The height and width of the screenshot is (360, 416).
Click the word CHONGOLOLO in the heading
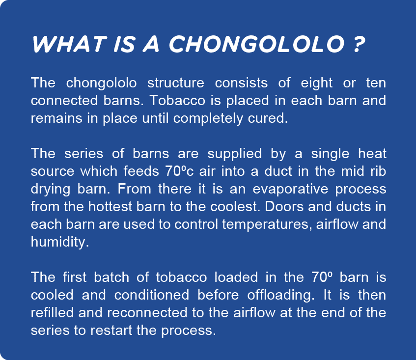[256, 44]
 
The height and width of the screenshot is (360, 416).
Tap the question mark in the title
[359, 44]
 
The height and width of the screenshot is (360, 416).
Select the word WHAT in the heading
[69, 44]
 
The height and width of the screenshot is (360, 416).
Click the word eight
[316, 83]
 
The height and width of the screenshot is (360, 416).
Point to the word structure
[176, 83]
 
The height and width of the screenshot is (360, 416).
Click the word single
[330, 154]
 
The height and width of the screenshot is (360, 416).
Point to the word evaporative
[290, 189]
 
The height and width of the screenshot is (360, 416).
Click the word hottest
[110, 207]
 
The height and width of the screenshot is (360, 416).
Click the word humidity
[60, 242]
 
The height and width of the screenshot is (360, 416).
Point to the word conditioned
[151, 295]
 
